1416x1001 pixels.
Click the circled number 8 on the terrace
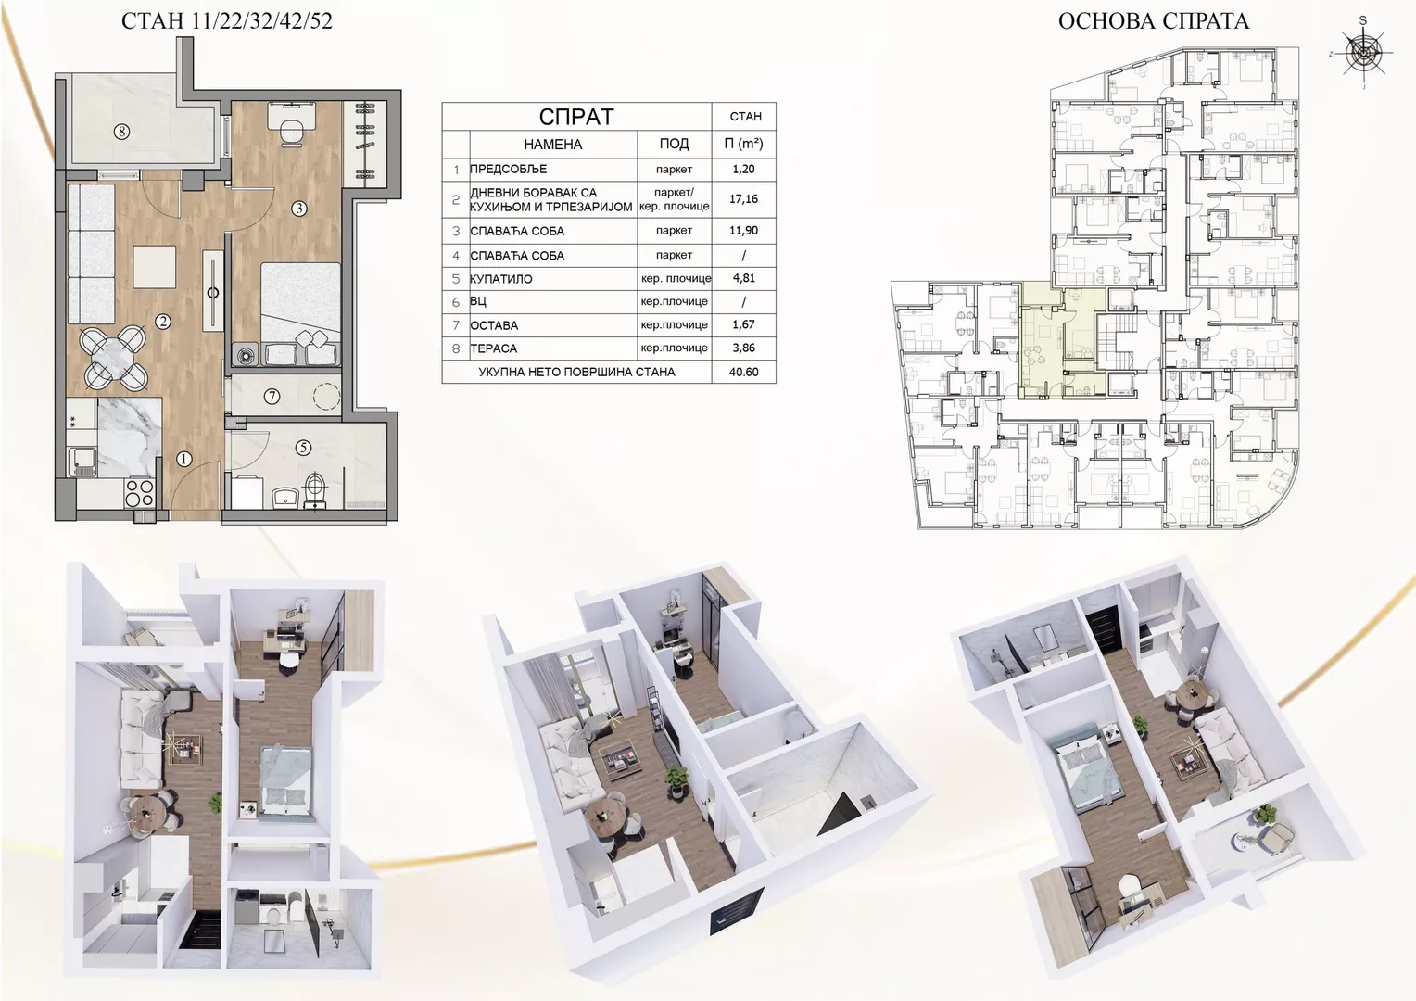tap(122, 132)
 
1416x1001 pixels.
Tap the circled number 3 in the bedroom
tap(299, 208)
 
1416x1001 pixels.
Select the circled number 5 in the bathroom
tap(303, 448)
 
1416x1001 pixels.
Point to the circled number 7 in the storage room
tap(272, 397)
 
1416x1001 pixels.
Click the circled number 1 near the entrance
tap(184, 459)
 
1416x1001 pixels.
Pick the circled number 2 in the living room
tap(163, 322)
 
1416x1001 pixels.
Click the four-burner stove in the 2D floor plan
tap(140, 492)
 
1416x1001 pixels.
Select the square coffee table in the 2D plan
tap(154, 266)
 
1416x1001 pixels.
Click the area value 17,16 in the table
tap(743, 199)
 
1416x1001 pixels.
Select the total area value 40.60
tap(743, 372)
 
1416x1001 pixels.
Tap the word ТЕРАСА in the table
tap(494, 348)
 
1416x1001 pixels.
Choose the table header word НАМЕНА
tap(552, 145)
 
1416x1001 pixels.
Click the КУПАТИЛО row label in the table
tap(501, 279)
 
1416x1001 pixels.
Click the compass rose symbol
tap(1363, 53)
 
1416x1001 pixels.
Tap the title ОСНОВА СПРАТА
tap(1154, 21)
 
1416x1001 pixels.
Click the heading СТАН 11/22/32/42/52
tap(226, 21)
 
